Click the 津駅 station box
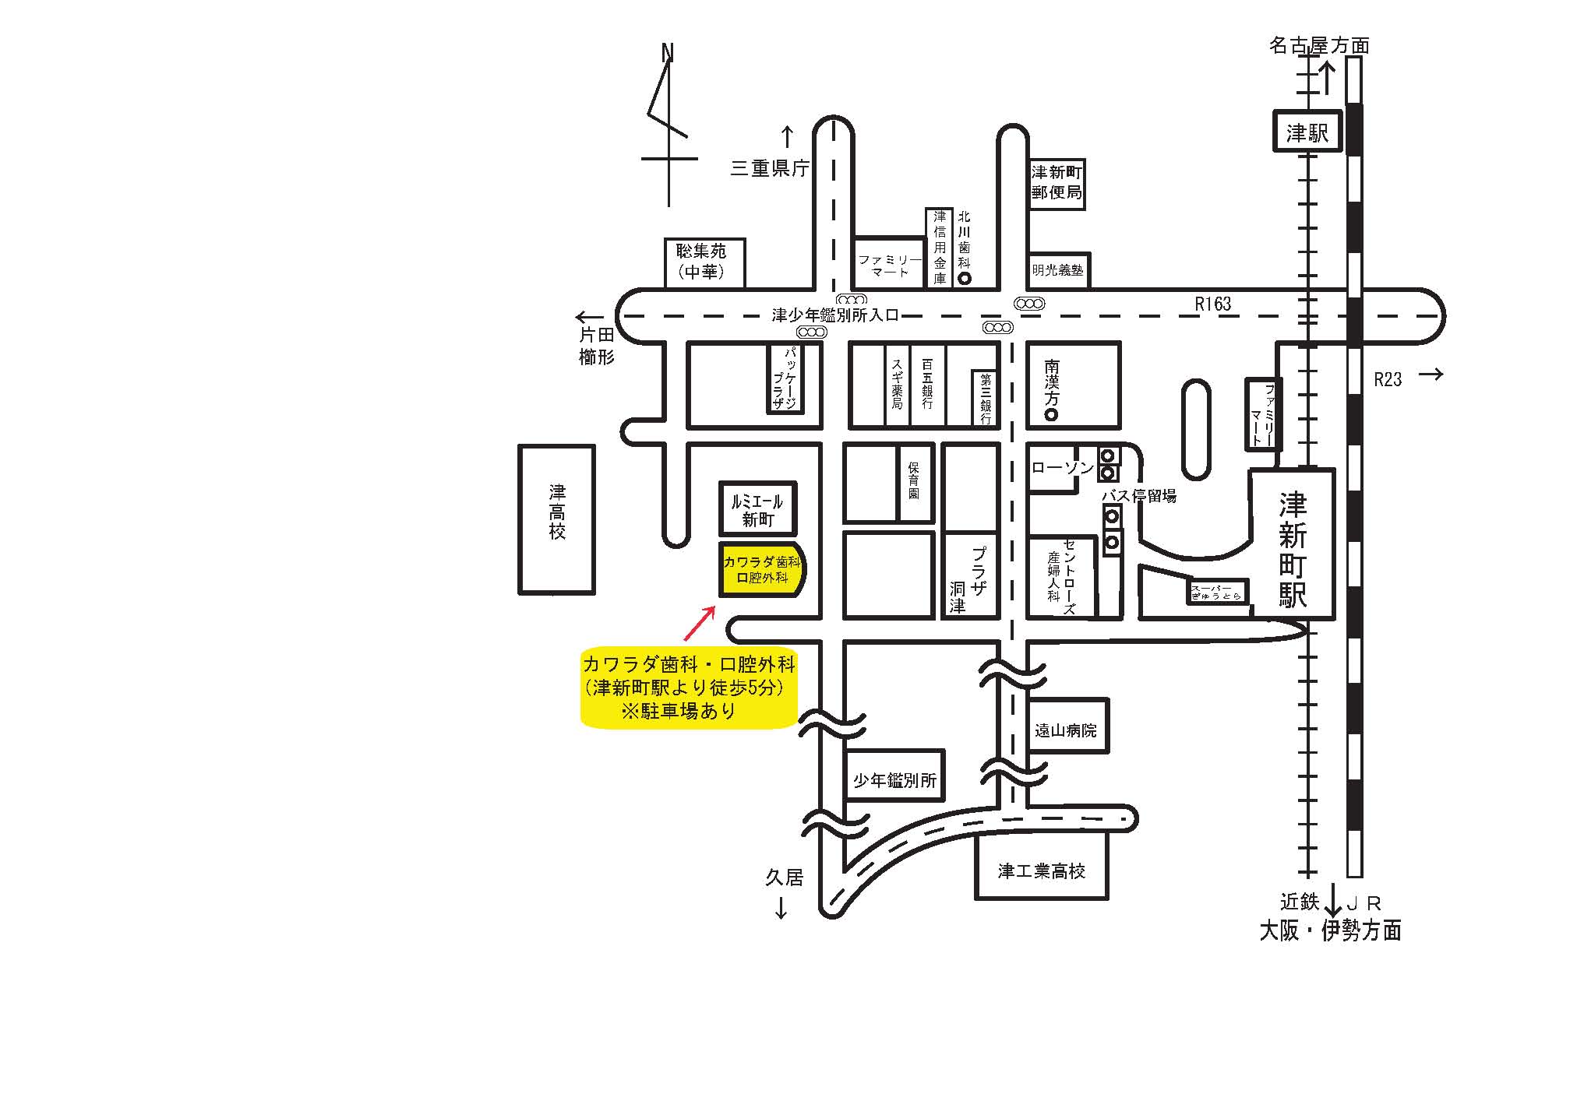tap(1307, 132)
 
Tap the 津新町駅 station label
tap(1292, 550)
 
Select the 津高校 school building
tap(556, 519)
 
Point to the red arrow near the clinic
tap(699, 623)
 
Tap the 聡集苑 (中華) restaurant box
tap(704, 262)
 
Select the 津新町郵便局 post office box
tap(1057, 182)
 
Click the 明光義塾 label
tap(1057, 270)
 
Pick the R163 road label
tap(1213, 304)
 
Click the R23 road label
tap(1387, 379)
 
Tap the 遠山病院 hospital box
tap(1065, 730)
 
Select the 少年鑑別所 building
tap(894, 779)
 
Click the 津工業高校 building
tap(1042, 871)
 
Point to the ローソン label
tap(1062, 467)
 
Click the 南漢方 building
tap(1071, 385)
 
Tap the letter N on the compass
tap(667, 53)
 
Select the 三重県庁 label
tap(770, 168)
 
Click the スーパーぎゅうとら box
tap(1216, 593)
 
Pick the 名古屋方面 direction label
tap(1318, 46)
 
